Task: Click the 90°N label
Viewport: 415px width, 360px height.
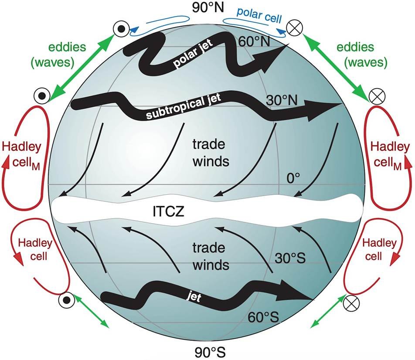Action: [x=207, y=8]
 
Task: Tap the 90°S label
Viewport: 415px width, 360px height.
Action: [x=207, y=351]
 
